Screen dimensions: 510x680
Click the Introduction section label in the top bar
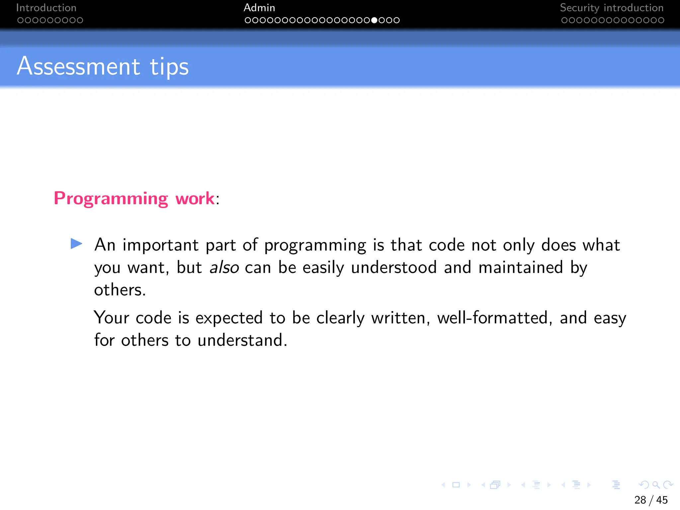46,8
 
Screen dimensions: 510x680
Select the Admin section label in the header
259,8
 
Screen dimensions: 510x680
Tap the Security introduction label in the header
612,8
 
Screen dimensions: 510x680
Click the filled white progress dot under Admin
374,20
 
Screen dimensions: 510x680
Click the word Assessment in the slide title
79,66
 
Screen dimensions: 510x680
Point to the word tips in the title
169,67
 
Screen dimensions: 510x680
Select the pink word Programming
111,199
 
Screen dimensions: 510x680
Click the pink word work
195,199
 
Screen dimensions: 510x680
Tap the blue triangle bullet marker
76,244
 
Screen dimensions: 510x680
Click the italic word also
224,268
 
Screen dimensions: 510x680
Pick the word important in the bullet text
160,246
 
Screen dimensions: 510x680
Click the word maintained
521,268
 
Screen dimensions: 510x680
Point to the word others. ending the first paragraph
120,290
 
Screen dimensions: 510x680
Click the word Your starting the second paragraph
112,318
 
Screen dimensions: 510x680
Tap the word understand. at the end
242,340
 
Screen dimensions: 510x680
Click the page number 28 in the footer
640,500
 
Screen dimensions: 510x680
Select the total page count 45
662,500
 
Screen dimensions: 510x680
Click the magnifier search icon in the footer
656,485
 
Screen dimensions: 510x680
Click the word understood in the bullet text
393,268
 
